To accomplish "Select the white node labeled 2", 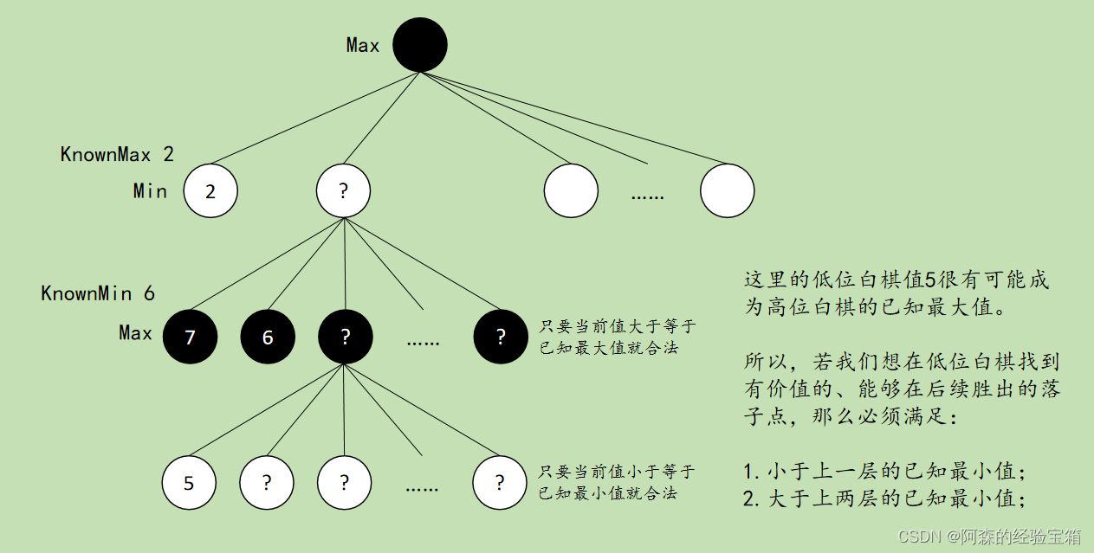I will [x=210, y=190].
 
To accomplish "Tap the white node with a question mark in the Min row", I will [x=343, y=190].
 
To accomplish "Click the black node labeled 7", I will [x=190, y=337].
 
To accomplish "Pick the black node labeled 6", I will [x=268, y=337].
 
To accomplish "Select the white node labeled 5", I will [x=189, y=482].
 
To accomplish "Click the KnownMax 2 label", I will [x=117, y=155].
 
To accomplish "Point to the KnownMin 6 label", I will [x=98, y=293].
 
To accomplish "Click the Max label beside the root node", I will [x=363, y=45].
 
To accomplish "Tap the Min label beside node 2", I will [x=150, y=190].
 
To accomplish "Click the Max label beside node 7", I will [x=135, y=333].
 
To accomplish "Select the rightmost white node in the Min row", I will [x=727, y=190].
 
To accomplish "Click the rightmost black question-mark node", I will [x=501, y=337].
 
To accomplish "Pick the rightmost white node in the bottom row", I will [x=500, y=482].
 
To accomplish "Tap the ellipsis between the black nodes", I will [x=423, y=340].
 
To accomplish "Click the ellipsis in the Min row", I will [x=647, y=196].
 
